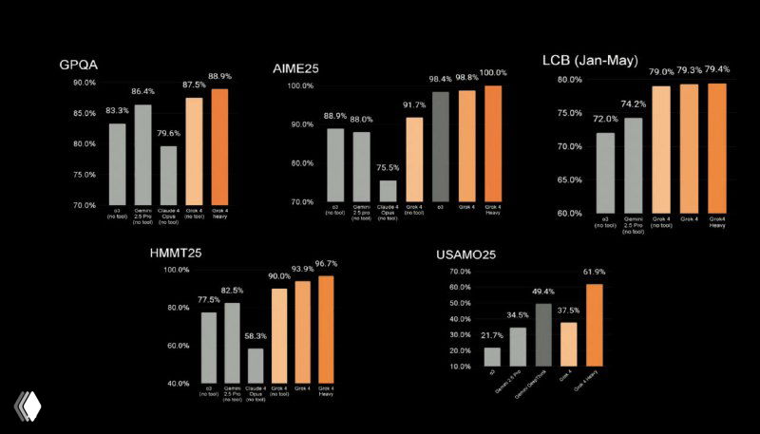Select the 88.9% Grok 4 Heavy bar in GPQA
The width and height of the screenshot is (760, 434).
point(219,146)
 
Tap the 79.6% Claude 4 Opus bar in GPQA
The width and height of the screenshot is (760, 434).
point(168,175)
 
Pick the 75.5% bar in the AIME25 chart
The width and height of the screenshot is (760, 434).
point(387,190)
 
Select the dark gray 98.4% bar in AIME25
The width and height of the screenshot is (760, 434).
point(440,146)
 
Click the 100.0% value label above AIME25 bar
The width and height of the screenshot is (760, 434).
point(492,72)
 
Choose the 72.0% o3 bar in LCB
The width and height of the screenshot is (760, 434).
point(605,172)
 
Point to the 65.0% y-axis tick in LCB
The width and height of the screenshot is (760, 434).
point(569,179)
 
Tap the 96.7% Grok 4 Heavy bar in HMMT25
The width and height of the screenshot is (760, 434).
point(327,329)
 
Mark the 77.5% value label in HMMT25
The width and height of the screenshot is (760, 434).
point(208,300)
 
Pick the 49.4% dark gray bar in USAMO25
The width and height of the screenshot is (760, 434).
point(542,334)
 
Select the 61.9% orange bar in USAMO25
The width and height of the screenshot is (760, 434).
point(595,324)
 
